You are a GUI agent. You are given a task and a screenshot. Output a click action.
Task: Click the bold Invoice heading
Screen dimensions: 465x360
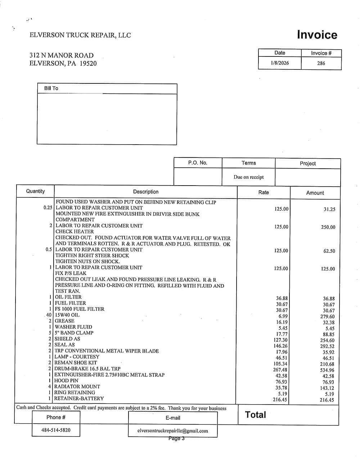point(317,35)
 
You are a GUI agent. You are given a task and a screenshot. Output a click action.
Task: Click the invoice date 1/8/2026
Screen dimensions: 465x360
point(280,63)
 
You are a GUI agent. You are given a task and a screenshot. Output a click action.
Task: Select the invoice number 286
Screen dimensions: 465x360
point(321,63)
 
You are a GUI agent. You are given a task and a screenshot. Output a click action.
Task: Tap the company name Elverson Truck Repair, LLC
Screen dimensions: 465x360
point(80,35)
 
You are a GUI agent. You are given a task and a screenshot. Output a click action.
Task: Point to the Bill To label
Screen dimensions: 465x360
point(51,88)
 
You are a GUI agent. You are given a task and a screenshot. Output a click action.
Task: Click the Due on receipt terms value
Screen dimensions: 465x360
point(248,177)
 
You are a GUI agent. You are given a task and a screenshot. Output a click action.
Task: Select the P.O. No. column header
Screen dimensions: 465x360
point(198,163)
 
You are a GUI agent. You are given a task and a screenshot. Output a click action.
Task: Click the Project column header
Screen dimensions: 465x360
point(308,163)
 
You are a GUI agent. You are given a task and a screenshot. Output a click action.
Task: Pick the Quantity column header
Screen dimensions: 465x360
point(35,191)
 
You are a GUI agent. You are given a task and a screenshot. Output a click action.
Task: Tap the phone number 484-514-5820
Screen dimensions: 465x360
point(56,430)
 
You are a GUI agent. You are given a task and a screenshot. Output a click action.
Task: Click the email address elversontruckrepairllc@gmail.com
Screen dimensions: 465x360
point(173,431)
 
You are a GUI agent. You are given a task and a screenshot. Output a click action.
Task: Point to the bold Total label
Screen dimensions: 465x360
point(256,415)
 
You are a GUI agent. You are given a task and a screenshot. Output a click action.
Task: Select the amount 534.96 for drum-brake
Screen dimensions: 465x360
point(327,370)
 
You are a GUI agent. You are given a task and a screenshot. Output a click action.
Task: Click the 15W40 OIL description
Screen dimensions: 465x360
point(67,315)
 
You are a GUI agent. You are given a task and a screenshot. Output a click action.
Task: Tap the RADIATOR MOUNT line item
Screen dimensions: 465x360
point(77,387)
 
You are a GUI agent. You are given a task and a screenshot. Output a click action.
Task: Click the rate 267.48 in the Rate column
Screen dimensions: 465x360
point(280,370)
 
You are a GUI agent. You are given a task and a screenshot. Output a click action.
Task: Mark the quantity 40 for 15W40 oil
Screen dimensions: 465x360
point(49,315)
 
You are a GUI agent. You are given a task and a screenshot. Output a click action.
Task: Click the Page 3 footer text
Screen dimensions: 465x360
point(176,438)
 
